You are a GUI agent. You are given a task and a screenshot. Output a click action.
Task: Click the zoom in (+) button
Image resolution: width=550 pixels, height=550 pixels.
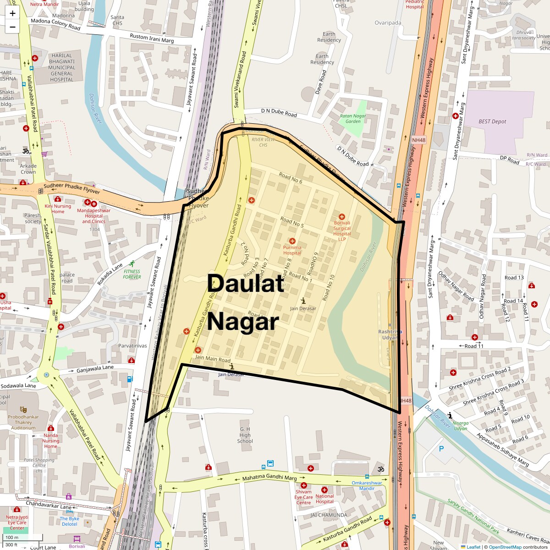[12, 13]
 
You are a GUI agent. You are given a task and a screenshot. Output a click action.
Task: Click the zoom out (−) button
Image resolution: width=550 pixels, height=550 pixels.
[12, 27]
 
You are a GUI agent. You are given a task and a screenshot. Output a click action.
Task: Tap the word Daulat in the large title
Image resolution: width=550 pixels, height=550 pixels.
[246, 284]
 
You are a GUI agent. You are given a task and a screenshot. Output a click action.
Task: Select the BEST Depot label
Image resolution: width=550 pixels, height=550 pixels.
[492, 121]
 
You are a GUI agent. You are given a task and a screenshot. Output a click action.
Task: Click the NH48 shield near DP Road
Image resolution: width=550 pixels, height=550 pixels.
[418, 139]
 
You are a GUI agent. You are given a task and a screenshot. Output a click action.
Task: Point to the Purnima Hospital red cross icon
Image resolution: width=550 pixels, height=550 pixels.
[292, 241]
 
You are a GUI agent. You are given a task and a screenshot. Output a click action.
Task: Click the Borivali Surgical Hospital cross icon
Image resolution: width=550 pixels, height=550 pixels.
[341, 216]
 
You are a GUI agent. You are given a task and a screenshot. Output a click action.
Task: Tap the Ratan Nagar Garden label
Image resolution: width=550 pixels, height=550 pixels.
[353, 119]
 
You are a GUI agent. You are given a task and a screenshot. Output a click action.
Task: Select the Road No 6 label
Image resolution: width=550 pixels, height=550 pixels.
[291, 178]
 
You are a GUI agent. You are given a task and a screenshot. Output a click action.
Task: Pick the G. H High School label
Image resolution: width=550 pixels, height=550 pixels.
[245, 435]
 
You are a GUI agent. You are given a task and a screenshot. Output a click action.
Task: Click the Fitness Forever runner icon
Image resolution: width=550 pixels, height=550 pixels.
[132, 264]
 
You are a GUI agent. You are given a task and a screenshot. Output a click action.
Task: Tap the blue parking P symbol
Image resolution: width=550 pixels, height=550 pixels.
[441, 449]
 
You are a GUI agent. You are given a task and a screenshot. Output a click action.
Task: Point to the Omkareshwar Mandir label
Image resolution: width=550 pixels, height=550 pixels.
[367, 485]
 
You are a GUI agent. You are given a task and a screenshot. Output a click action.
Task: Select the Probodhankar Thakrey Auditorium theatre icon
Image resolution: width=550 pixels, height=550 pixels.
[23, 409]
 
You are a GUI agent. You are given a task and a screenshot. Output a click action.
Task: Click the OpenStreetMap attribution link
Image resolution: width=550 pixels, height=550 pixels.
[505, 547]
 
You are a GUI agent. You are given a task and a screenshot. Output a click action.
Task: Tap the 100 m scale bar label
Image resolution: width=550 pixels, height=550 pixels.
[12, 538]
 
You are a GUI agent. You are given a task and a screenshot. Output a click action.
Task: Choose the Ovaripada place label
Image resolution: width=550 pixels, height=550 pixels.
[388, 23]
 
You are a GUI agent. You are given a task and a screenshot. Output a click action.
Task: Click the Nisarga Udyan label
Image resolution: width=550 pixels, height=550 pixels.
[460, 426]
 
